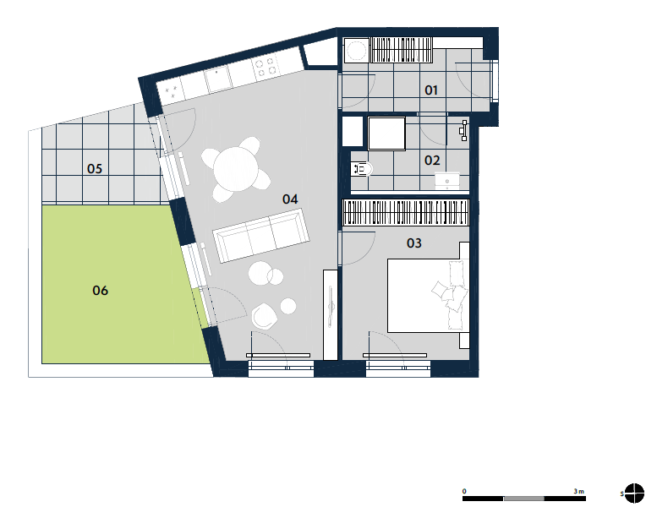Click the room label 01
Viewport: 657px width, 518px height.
431,90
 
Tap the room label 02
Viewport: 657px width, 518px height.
432,161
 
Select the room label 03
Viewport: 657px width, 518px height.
414,243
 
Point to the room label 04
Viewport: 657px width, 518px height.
290,199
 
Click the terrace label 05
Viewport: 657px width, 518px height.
95,169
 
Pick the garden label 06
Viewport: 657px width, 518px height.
100,291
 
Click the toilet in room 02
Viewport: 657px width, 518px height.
362,169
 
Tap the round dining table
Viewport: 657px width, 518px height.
236,170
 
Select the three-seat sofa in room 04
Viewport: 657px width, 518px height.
261,236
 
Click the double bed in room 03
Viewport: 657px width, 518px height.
428,296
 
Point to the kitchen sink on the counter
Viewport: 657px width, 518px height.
218,79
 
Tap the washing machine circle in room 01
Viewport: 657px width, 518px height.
356,51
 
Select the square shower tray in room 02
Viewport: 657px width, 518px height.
386,134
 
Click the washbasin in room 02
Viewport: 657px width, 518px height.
447,182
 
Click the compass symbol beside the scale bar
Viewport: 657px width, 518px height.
634,493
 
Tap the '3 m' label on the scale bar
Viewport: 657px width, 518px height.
578,491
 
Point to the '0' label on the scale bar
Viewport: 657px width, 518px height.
464,491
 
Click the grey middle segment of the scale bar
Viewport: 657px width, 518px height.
523,499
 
